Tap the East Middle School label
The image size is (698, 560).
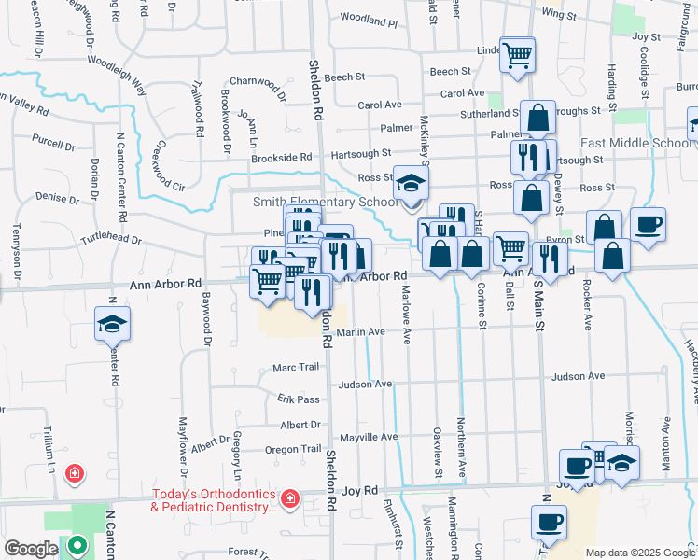[x=635, y=143]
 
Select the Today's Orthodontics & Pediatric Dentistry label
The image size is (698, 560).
[x=215, y=500]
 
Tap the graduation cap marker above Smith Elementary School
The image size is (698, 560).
[x=409, y=184]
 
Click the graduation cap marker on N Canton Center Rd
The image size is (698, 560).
[x=112, y=324]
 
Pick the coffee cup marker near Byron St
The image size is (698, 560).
[x=648, y=225]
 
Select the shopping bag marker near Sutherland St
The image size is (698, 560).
[x=538, y=118]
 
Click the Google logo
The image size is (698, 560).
[x=30, y=549]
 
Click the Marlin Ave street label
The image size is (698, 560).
[x=361, y=331]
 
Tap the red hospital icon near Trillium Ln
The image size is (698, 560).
[x=73, y=475]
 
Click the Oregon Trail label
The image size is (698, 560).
[x=293, y=449]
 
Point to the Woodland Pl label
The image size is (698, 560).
[x=369, y=19]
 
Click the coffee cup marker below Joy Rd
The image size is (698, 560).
[x=549, y=520]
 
